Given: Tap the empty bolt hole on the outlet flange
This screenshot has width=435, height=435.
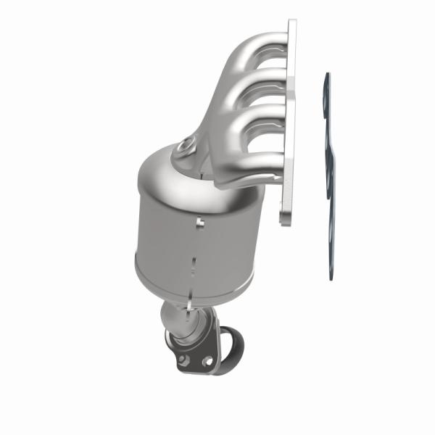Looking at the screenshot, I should [x=207, y=360].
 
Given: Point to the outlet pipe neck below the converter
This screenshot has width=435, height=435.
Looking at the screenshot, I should [x=181, y=319].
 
